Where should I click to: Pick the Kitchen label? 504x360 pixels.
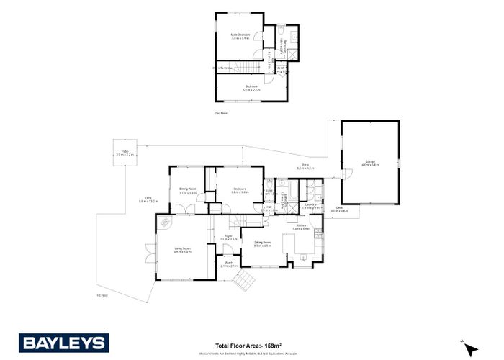pyautogui.click(x=301, y=226)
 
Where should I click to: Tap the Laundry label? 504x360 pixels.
pyautogui.click(x=311, y=205)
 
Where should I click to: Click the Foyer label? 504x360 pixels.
pyautogui.click(x=228, y=236)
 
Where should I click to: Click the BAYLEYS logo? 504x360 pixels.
pyautogui.click(x=63, y=342)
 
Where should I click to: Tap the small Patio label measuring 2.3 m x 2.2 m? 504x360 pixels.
pyautogui.click(x=125, y=153)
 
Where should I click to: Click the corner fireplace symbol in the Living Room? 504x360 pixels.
pyautogui.click(x=166, y=222)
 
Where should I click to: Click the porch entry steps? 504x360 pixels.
pyautogui.click(x=246, y=279)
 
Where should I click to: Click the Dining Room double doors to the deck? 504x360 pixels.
pyautogui.click(x=185, y=209)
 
